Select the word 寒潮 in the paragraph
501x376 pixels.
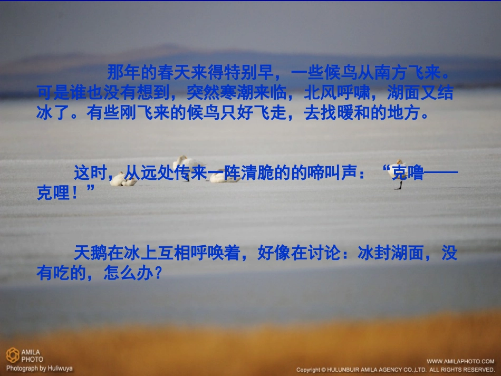click(x=219, y=93)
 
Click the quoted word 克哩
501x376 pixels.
click(x=53, y=193)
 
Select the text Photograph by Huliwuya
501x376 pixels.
click(x=39, y=368)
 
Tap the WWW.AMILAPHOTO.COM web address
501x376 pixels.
click(x=460, y=361)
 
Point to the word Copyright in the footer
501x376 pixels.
click(x=309, y=370)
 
